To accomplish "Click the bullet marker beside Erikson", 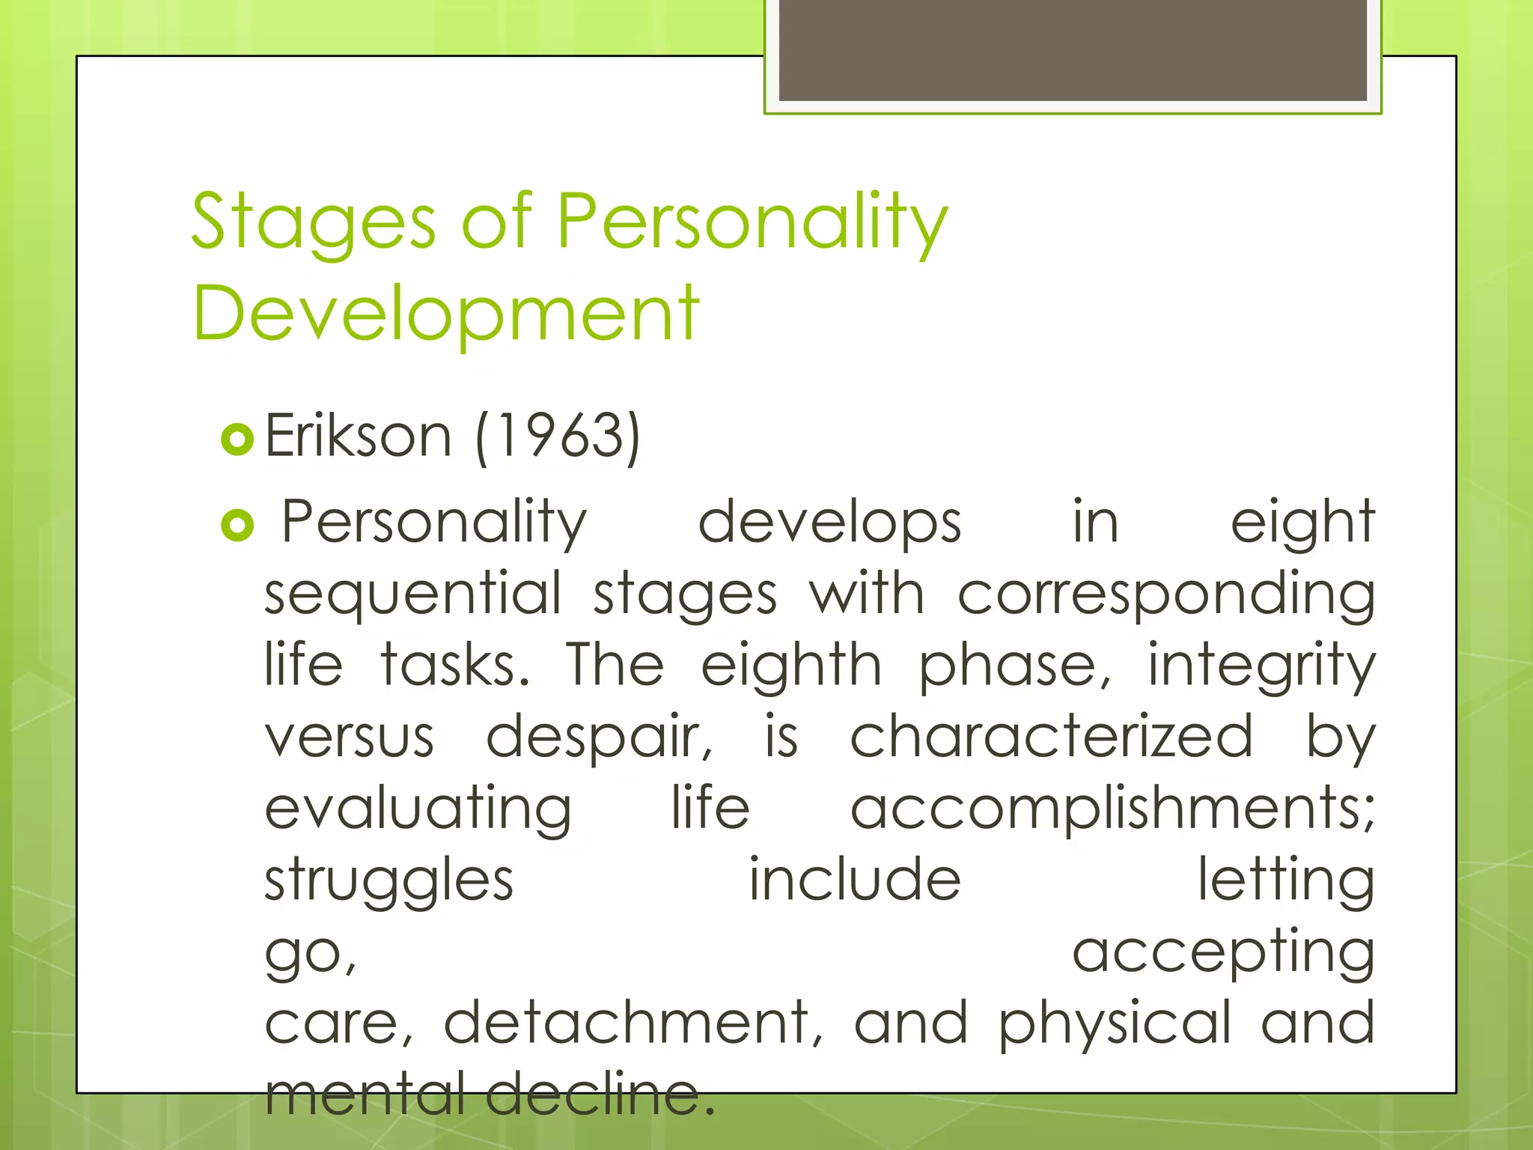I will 238,439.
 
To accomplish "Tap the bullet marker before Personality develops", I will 238,526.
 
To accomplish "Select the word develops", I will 829,523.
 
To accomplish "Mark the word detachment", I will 633,1023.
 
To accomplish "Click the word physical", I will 1115,1023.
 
